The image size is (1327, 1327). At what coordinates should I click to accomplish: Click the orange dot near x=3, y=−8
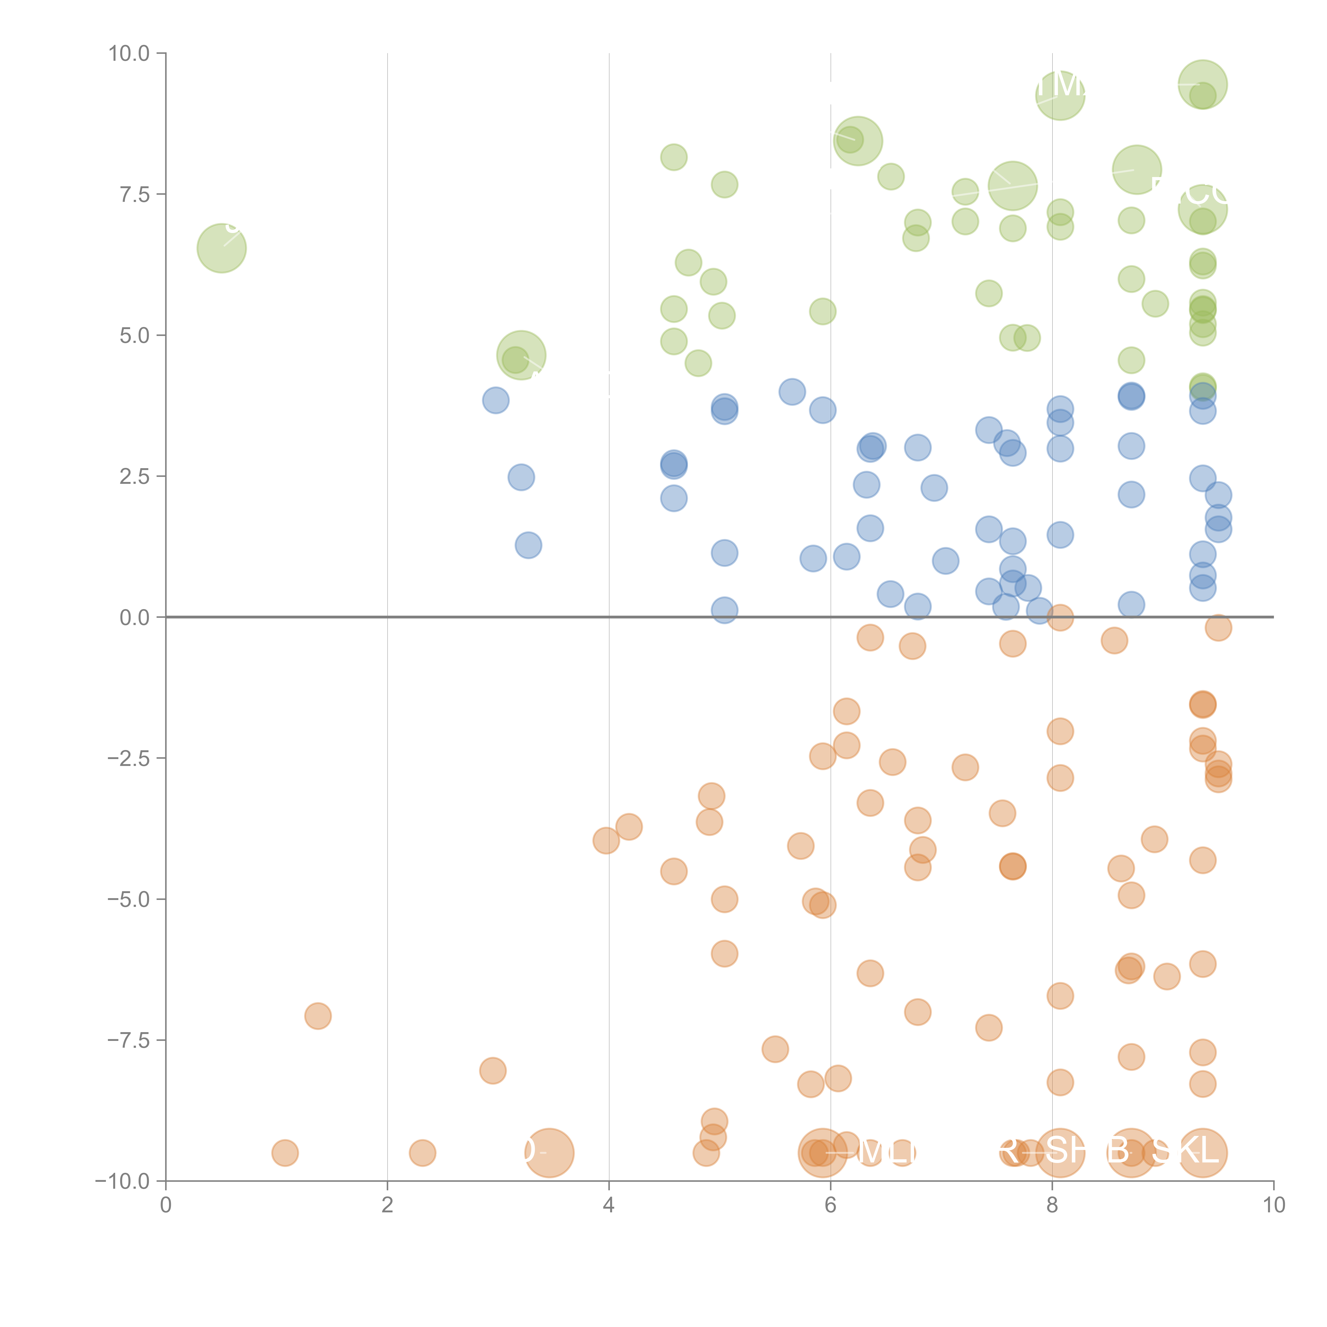(x=493, y=1070)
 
